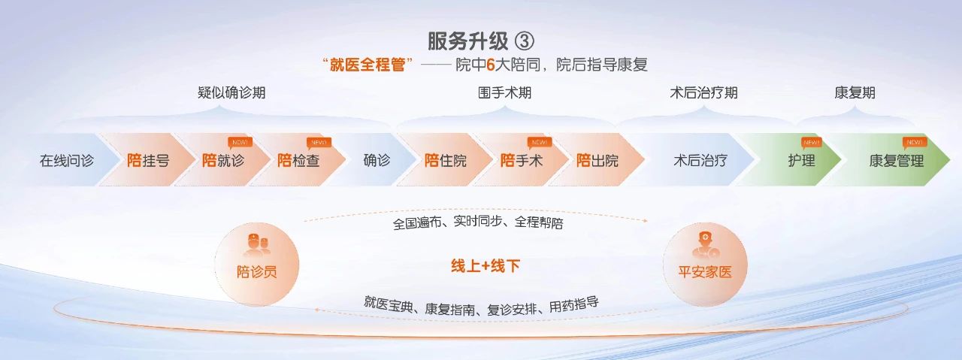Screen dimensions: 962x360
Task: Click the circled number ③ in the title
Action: [x=524, y=41]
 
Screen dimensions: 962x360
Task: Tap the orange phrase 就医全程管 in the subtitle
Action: [x=368, y=65]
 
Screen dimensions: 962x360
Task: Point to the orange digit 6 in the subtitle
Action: [x=491, y=65]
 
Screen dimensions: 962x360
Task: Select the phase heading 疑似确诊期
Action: [x=231, y=92]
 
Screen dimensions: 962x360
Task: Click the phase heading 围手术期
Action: [x=504, y=92]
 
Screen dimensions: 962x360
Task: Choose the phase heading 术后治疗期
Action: [x=703, y=92]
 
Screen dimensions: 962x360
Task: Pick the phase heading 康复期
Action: [x=855, y=92]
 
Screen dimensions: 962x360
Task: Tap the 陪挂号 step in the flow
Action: [x=148, y=160]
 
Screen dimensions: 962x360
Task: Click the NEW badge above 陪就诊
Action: [x=240, y=143]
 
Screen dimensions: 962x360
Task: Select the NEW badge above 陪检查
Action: [x=319, y=143]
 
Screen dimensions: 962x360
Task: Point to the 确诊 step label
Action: [x=377, y=160]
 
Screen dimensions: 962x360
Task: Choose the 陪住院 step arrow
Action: [x=446, y=160]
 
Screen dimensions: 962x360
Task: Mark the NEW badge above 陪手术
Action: [x=540, y=143]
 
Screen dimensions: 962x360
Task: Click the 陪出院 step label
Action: [x=597, y=160]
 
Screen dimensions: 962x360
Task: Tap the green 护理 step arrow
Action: [x=794, y=160]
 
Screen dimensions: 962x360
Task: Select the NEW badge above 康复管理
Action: [x=915, y=143]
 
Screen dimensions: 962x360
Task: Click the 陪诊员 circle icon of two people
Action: [x=257, y=245]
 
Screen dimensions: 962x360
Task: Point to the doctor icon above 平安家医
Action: [x=705, y=245]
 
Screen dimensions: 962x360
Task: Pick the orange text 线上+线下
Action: [x=486, y=266]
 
